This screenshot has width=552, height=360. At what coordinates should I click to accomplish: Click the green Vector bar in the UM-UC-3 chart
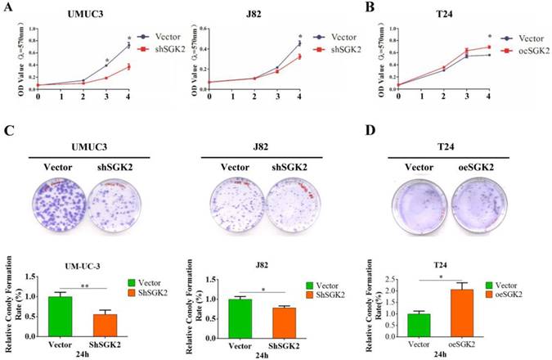pos(58,316)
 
